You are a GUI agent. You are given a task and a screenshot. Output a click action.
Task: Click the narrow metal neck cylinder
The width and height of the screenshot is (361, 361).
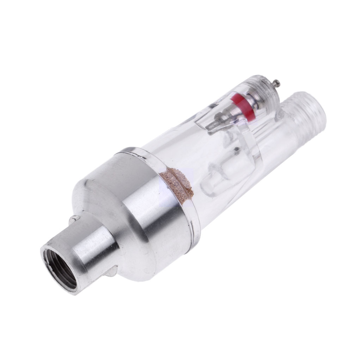point(88,247)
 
